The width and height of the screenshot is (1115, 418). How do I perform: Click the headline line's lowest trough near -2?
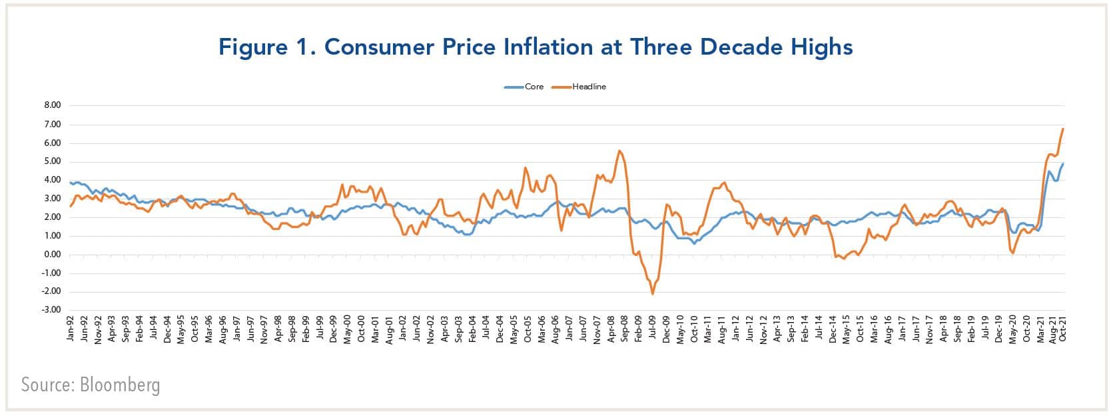[x=653, y=294]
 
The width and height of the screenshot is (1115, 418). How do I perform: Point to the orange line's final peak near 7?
[x=1063, y=129]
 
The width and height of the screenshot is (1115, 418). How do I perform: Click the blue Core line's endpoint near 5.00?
[x=1064, y=163]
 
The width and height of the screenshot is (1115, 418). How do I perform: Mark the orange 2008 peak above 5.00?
[x=619, y=151]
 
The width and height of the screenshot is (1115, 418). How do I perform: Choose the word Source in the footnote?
[x=47, y=385]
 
